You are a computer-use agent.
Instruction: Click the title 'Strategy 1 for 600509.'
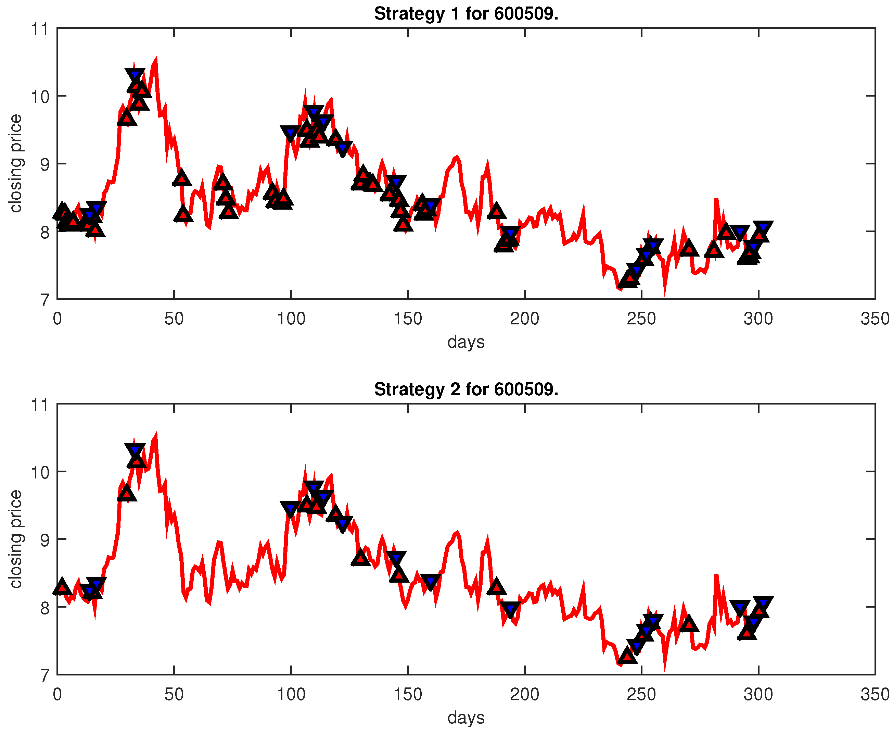pos(466,14)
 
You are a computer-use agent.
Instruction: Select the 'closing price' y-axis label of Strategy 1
pos(16,163)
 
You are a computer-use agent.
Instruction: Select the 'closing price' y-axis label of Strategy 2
pos(16,539)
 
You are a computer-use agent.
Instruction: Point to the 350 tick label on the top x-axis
pos(875,319)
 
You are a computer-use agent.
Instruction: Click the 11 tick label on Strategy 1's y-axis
pos(40,29)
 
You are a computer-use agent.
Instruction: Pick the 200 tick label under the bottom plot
pos(524,695)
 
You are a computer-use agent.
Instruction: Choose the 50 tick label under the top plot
pos(174,319)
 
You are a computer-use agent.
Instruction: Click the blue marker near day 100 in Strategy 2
pos(290,508)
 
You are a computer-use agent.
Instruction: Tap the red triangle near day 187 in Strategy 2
pos(496,587)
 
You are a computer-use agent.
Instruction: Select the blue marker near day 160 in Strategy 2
pos(431,581)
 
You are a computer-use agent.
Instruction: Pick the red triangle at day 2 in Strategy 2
pos(62,586)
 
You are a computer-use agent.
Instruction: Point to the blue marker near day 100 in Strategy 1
pos(290,133)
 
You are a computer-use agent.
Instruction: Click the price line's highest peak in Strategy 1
pos(156,60)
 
